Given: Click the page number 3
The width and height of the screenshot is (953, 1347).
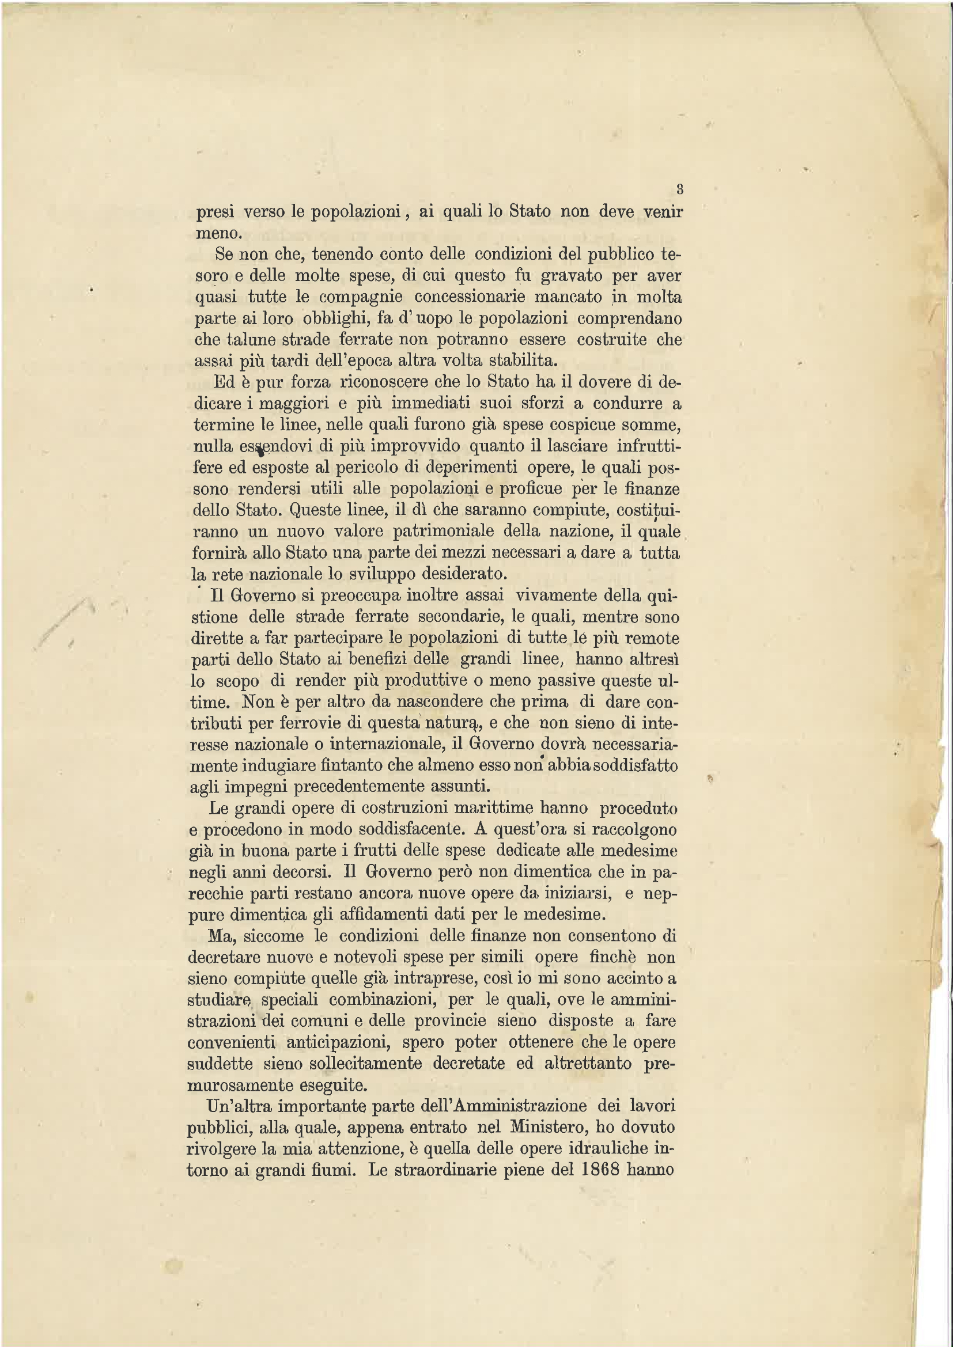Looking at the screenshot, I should click(x=679, y=189).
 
